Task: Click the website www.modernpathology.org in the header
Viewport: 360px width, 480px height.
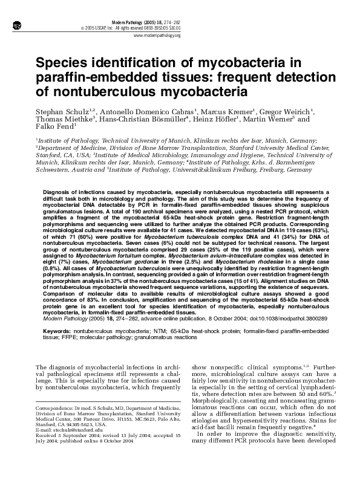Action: point(157,36)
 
